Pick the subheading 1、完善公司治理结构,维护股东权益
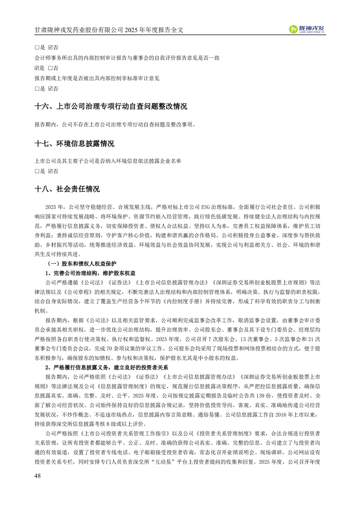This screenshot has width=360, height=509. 90,273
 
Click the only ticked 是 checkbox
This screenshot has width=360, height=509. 37,68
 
